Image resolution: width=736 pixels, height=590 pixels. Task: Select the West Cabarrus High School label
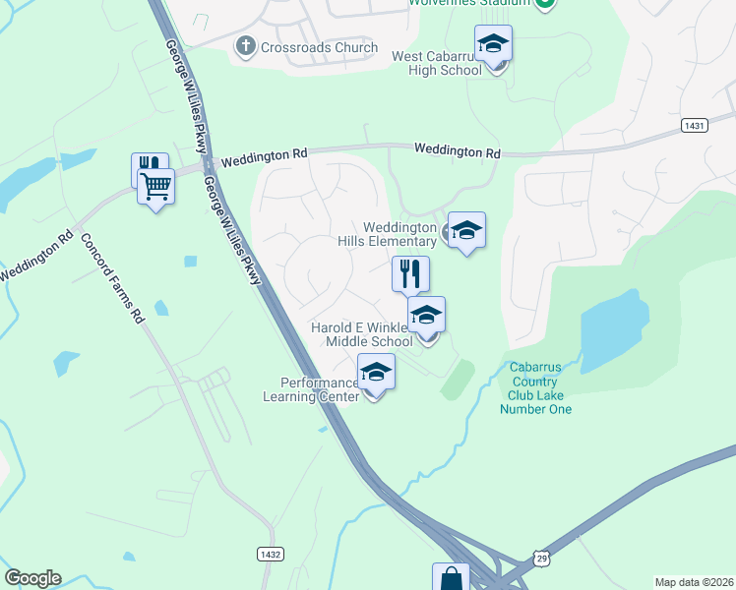[437, 63]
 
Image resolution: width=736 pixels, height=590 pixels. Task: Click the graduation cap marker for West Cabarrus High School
[493, 44]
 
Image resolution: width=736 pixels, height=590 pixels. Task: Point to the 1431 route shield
[694, 126]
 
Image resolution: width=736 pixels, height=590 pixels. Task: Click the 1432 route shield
[271, 555]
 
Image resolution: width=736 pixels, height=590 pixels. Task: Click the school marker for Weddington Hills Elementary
[466, 230]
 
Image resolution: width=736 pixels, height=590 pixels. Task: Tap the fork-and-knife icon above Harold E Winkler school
[410, 273]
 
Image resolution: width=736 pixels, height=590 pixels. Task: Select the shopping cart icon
[155, 185]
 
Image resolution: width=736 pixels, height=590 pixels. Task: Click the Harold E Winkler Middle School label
[362, 334]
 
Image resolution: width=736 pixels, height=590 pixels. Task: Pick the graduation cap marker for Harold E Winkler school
[426, 316]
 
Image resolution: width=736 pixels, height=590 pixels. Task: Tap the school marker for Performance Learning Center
[375, 373]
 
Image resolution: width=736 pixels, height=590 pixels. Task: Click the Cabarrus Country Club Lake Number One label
[539, 388]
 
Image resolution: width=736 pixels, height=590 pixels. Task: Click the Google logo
[32, 578]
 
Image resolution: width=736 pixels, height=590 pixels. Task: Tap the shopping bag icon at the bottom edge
[451, 578]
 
